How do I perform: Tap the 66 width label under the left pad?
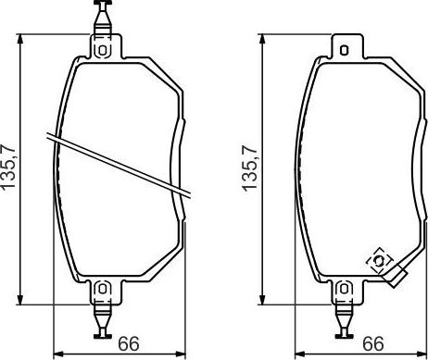130,343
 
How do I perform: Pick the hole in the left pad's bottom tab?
103,290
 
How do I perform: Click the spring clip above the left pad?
103,16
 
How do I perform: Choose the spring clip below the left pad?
103,324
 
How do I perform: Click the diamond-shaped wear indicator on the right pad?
379,262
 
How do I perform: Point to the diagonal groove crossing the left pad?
120,165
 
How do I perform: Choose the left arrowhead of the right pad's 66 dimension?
298,353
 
